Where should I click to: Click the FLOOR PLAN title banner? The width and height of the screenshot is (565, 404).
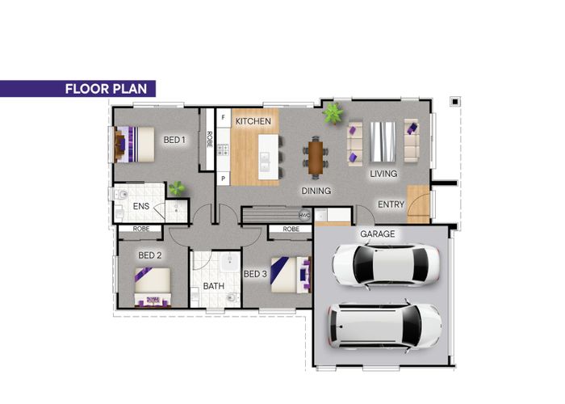[x=77, y=89]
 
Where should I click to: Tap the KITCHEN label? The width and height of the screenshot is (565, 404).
[x=253, y=121]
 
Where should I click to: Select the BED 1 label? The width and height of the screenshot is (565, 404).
[x=174, y=140]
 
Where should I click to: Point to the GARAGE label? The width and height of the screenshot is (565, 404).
[x=377, y=234]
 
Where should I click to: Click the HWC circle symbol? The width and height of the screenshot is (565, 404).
[x=304, y=216]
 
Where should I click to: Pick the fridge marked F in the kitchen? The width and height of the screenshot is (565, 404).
[x=224, y=118]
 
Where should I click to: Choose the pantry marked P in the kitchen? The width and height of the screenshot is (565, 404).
[x=224, y=179]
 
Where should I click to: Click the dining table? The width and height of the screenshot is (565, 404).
[x=316, y=158]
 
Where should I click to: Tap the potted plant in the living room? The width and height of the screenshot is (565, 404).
[x=333, y=113]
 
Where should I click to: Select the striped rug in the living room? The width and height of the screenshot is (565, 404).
[x=383, y=141]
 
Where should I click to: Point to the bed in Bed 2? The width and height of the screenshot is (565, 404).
[x=153, y=287]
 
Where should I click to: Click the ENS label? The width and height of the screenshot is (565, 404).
[x=141, y=206]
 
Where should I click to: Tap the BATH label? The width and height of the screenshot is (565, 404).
[x=214, y=286]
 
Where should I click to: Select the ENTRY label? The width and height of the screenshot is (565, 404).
[x=391, y=205]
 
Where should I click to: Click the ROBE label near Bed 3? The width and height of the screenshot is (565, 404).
[x=291, y=229]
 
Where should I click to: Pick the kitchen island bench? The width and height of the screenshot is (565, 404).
[x=269, y=157]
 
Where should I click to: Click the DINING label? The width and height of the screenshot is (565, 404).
[x=316, y=191]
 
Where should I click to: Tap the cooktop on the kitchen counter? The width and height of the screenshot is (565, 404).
[x=223, y=149]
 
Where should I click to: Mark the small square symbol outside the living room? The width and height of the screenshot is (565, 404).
[x=455, y=102]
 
